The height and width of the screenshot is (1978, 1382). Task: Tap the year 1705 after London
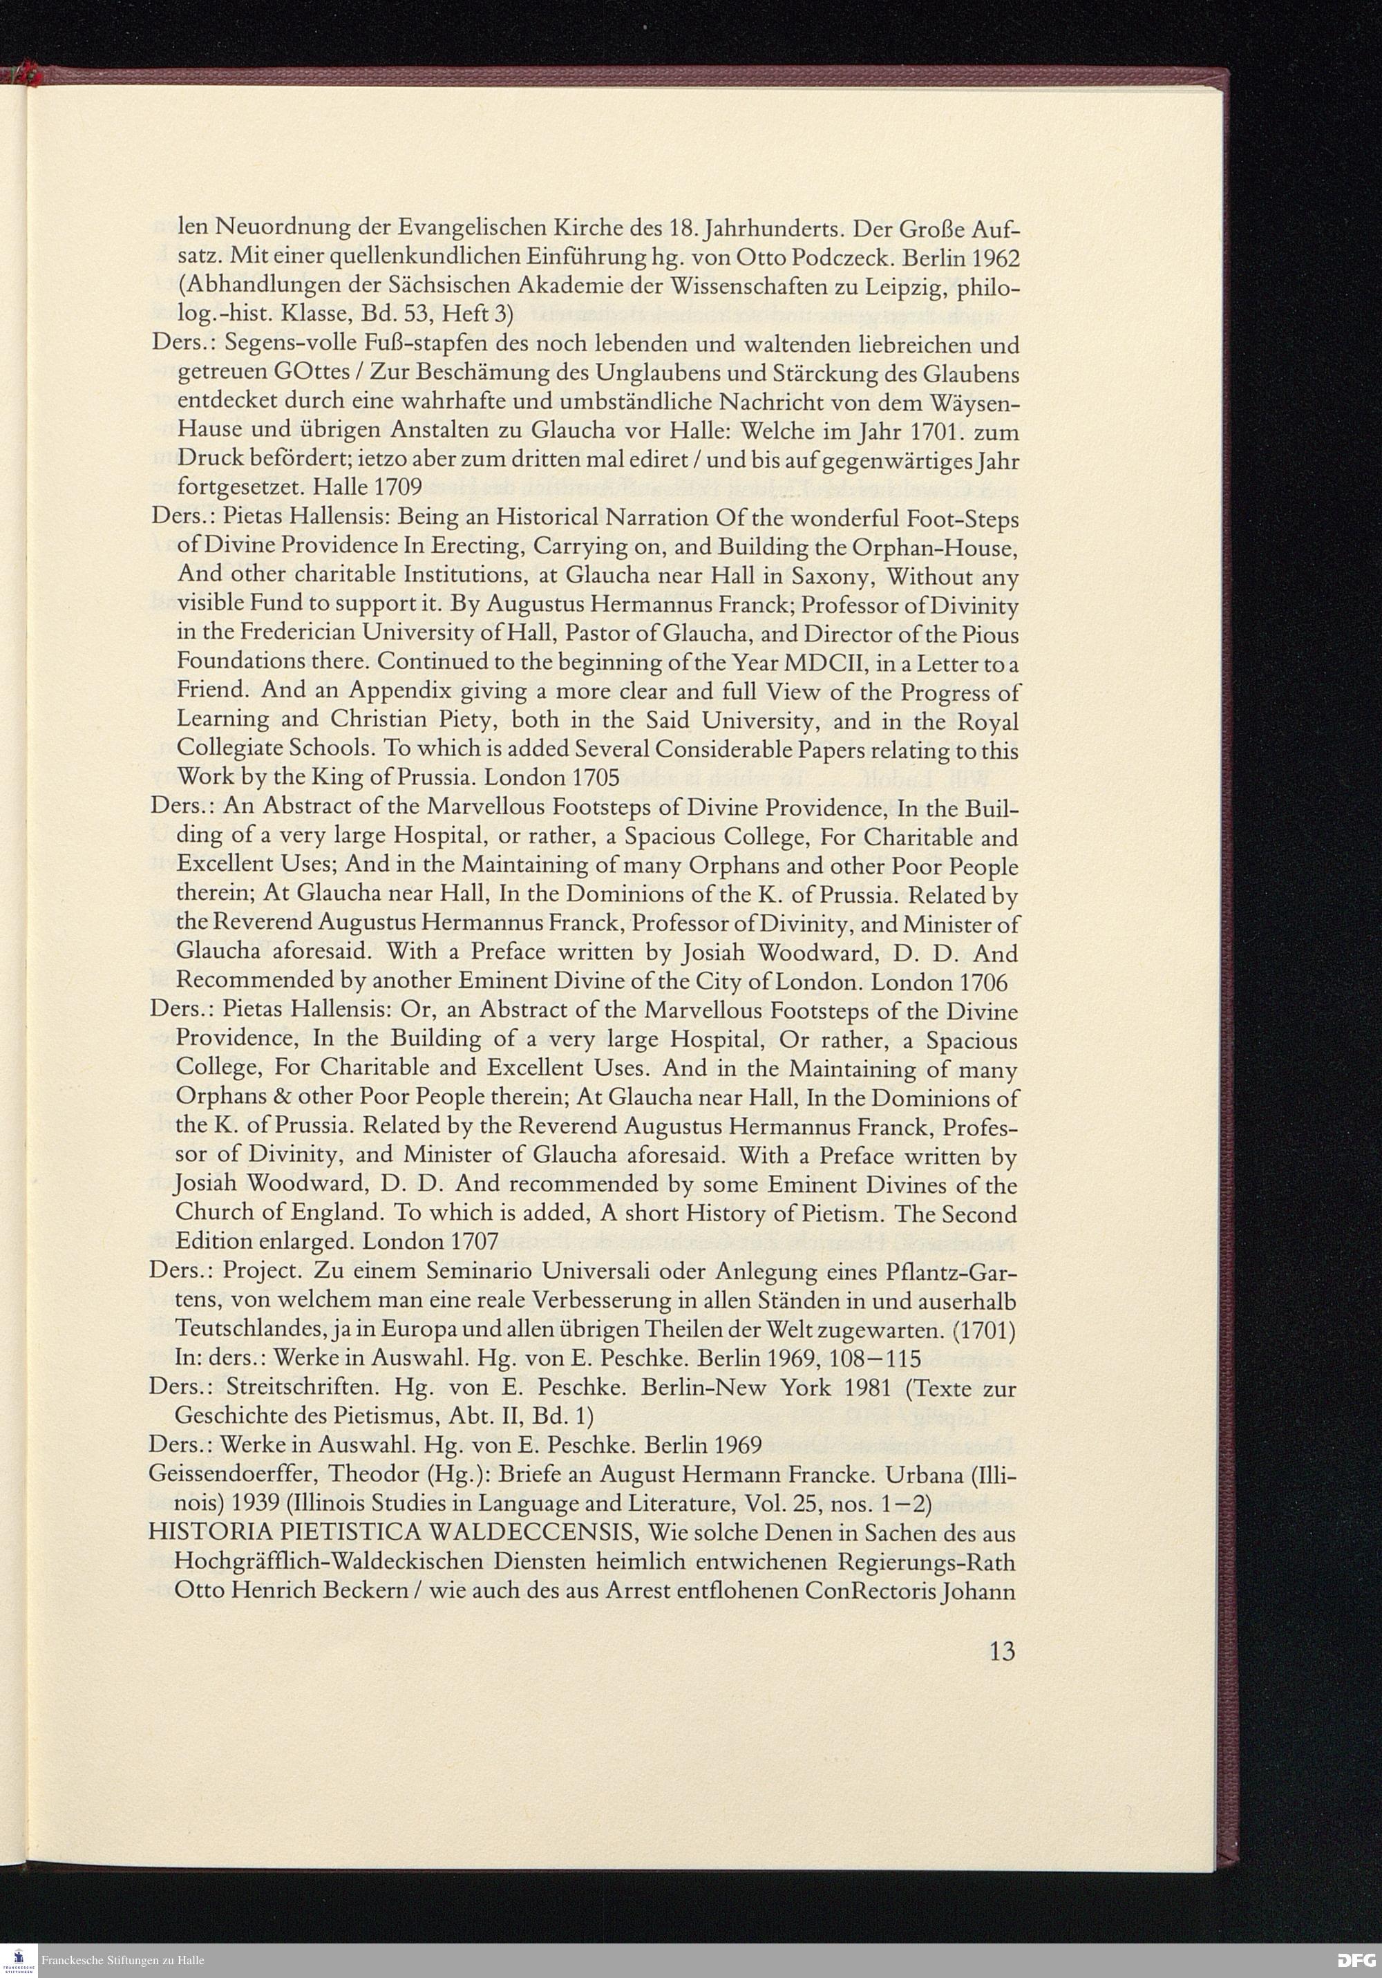(596, 778)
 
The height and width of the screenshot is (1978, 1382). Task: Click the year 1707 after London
(474, 1241)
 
